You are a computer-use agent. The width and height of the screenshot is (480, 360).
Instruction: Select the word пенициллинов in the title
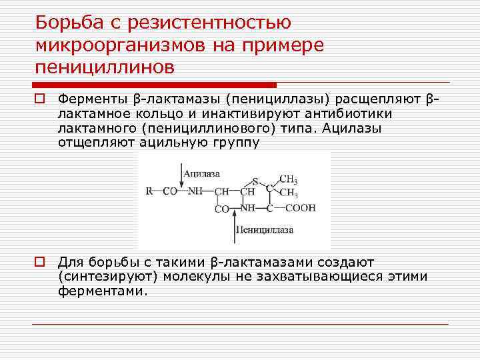105,67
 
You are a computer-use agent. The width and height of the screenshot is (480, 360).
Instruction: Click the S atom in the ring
254,181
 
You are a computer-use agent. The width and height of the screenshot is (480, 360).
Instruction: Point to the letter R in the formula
149,191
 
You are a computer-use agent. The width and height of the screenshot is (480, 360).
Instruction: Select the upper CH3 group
288,179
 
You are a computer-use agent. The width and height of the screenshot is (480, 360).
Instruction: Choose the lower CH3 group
288,193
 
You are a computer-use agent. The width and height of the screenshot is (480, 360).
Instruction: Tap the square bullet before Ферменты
41,99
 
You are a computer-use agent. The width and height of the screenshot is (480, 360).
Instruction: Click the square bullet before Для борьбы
41,262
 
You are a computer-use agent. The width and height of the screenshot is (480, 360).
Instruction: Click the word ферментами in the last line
101,291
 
